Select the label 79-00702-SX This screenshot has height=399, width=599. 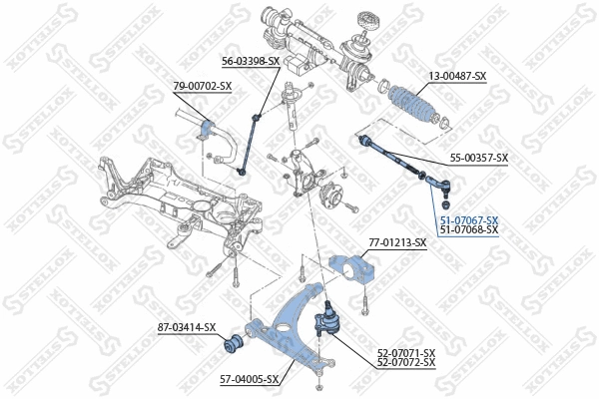[203, 86]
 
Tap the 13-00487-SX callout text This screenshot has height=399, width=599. [457, 76]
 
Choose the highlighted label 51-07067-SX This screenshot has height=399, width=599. [468, 219]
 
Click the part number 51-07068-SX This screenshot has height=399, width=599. [468, 229]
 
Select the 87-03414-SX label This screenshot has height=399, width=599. [187, 327]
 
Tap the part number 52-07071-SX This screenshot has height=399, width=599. [406, 352]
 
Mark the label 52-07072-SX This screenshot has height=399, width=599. [406, 362]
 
